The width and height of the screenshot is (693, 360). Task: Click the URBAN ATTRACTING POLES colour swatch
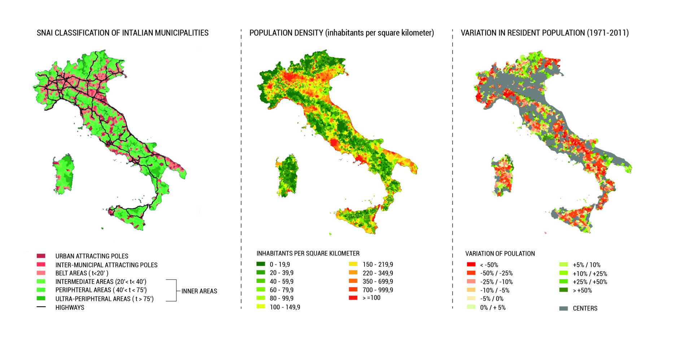coord(41,256)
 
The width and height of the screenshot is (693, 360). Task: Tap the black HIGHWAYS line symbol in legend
coord(41,307)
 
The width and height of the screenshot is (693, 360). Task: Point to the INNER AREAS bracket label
coord(199,291)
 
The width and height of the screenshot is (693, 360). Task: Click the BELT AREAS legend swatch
coord(41,273)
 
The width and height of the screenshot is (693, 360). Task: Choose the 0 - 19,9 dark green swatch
coord(261,264)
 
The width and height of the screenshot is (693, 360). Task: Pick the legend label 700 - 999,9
coord(378,290)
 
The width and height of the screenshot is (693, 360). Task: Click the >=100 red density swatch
coord(353,298)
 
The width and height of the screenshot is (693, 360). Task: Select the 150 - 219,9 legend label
coord(378,264)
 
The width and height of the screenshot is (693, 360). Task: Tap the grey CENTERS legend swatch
coord(563,308)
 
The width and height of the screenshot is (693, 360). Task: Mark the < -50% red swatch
coord(471,265)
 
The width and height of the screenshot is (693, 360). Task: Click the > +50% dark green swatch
coord(563,290)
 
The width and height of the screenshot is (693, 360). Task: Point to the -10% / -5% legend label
coord(494,290)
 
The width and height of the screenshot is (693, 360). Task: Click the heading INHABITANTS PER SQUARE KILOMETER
coord(308,253)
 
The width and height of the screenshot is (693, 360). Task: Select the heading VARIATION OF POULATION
coord(500,253)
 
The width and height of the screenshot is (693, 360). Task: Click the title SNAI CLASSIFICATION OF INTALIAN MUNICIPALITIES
coord(123,33)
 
